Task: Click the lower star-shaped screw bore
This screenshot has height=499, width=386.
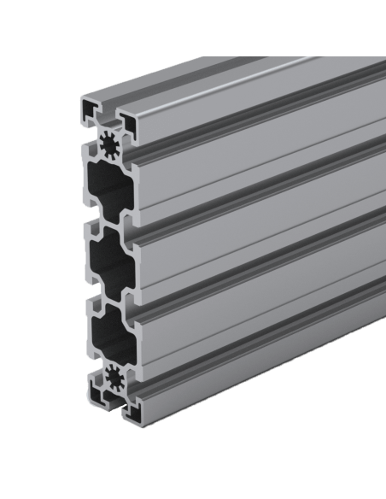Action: [x=111, y=377]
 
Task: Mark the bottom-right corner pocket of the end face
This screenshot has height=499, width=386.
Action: [x=129, y=410]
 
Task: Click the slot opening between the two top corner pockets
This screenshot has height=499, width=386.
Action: [x=109, y=109]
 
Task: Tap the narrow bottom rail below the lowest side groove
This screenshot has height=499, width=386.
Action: [x=256, y=376]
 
